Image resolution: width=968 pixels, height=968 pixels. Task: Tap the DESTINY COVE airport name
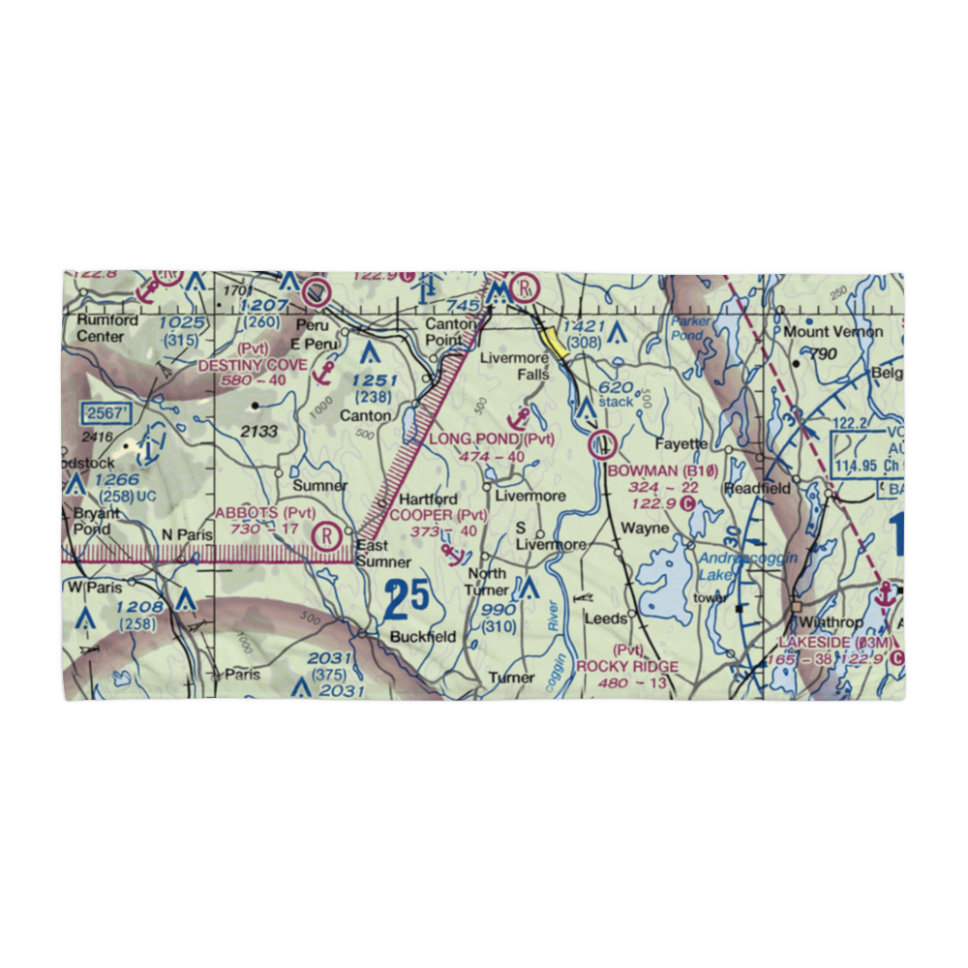(x=253, y=365)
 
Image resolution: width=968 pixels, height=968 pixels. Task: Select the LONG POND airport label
(x=477, y=439)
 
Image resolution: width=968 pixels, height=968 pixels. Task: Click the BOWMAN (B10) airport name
(x=664, y=470)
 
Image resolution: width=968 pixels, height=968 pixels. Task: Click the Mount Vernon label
(x=833, y=331)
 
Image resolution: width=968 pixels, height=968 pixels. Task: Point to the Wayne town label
(x=645, y=529)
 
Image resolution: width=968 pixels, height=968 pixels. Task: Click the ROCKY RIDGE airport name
(x=627, y=666)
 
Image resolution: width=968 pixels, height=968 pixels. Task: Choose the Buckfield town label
(x=423, y=637)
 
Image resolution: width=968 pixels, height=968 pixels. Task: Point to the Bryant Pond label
(x=95, y=521)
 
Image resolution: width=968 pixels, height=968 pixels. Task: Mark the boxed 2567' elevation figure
(x=106, y=413)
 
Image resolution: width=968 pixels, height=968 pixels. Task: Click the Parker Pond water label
(x=688, y=327)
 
